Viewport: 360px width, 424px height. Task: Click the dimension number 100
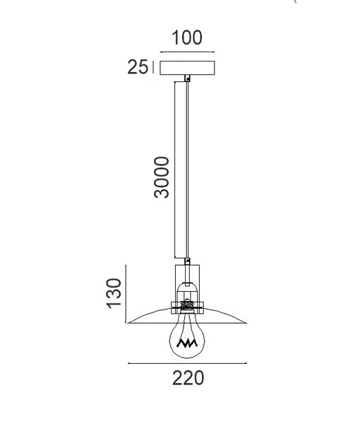pyautogui.click(x=187, y=37)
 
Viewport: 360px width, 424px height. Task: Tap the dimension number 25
pyautogui.click(x=137, y=67)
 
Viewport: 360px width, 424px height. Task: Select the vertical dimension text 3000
pyautogui.click(x=162, y=177)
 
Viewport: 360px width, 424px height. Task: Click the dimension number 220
pyautogui.click(x=188, y=379)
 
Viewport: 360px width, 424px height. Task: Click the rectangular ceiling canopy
pyautogui.click(x=187, y=68)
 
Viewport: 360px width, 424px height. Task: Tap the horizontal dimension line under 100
pyautogui.click(x=187, y=52)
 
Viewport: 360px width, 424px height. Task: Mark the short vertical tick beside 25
pyautogui.click(x=152, y=67)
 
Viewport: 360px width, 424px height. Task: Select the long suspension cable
pyautogui.click(x=187, y=170)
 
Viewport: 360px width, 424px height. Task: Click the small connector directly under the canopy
pyautogui.click(x=187, y=78)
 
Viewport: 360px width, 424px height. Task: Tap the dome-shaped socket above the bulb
pyautogui.click(x=187, y=291)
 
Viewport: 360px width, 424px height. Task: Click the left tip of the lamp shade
pyautogui.click(x=128, y=324)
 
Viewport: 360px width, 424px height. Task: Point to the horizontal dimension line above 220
pyautogui.click(x=187, y=363)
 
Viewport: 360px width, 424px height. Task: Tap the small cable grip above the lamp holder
pyautogui.click(x=187, y=262)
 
